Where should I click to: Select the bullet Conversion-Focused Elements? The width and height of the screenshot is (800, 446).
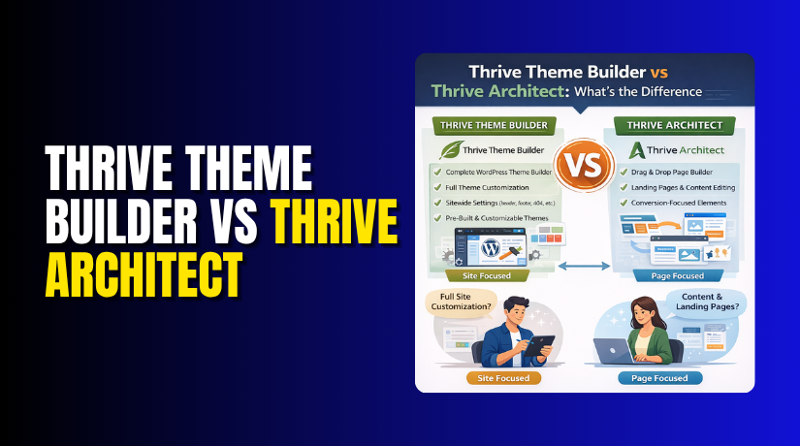click(x=679, y=205)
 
